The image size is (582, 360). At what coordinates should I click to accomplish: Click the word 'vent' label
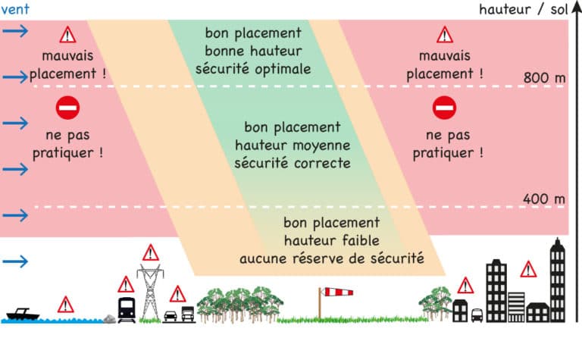coord(15,9)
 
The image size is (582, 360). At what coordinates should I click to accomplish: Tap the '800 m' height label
coord(545,78)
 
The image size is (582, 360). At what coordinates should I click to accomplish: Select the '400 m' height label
coord(544,199)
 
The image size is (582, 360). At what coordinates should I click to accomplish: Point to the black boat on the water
coord(23,314)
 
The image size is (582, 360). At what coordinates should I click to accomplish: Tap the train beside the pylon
coord(127,310)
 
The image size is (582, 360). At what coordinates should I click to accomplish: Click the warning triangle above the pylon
coord(151,252)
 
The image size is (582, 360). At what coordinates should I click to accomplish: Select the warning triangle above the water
coord(66,305)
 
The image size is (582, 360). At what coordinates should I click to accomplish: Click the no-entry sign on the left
coord(67,108)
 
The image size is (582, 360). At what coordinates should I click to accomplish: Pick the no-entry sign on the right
coord(444,108)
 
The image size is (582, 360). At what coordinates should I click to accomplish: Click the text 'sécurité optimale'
coord(253,70)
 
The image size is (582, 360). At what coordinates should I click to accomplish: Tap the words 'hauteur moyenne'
coord(293,145)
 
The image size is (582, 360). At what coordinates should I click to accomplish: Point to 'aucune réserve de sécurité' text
coord(331,258)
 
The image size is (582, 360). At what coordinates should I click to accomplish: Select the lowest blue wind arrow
coord(15,261)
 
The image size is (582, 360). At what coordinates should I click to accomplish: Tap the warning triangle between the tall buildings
coord(528,270)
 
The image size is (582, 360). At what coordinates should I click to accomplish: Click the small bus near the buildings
coord(477,315)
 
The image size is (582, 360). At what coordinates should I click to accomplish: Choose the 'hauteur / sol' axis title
coord(524,9)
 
